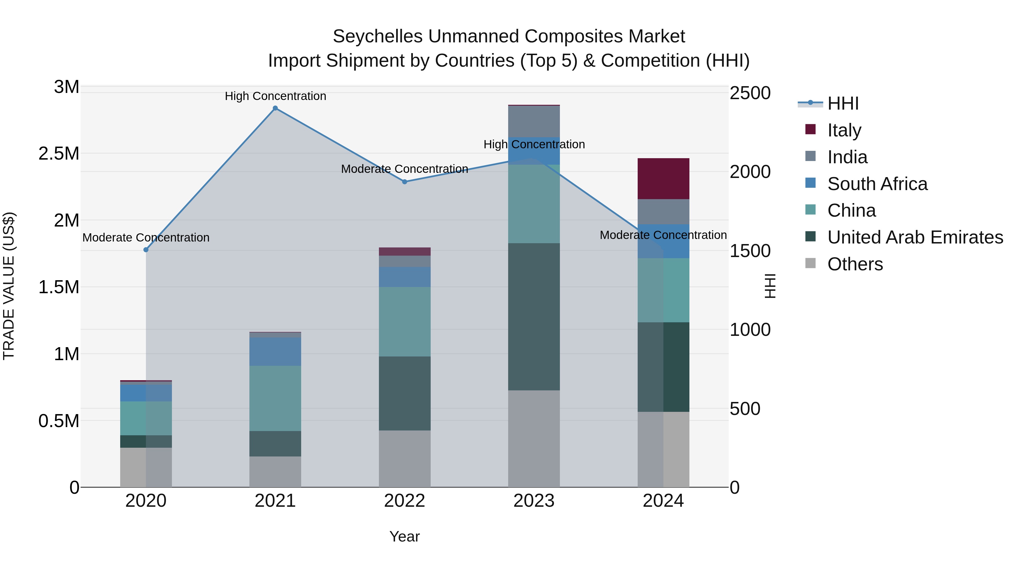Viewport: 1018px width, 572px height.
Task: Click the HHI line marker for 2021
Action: (275, 108)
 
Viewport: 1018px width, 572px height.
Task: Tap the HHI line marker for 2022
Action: (405, 182)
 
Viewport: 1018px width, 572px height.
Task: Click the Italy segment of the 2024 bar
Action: (663, 179)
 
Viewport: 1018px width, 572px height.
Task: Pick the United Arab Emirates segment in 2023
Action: (534, 317)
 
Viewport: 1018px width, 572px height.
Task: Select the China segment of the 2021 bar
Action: (275, 398)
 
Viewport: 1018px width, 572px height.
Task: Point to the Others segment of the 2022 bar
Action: (405, 459)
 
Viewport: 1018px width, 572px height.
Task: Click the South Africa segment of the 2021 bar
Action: (275, 351)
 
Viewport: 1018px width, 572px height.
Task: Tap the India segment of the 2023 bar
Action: (534, 121)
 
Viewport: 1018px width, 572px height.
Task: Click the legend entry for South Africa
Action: (877, 184)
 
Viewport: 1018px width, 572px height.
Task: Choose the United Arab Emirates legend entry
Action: (915, 238)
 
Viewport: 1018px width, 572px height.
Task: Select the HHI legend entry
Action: (843, 103)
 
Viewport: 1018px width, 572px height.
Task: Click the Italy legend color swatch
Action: (810, 129)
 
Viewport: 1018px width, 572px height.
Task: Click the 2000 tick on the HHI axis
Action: (750, 172)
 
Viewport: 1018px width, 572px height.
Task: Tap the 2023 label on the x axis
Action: (534, 501)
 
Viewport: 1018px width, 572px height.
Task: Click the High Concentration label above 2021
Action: (275, 96)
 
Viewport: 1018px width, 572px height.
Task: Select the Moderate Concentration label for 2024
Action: (663, 235)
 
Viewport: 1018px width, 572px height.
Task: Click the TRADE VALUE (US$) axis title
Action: (9, 286)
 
